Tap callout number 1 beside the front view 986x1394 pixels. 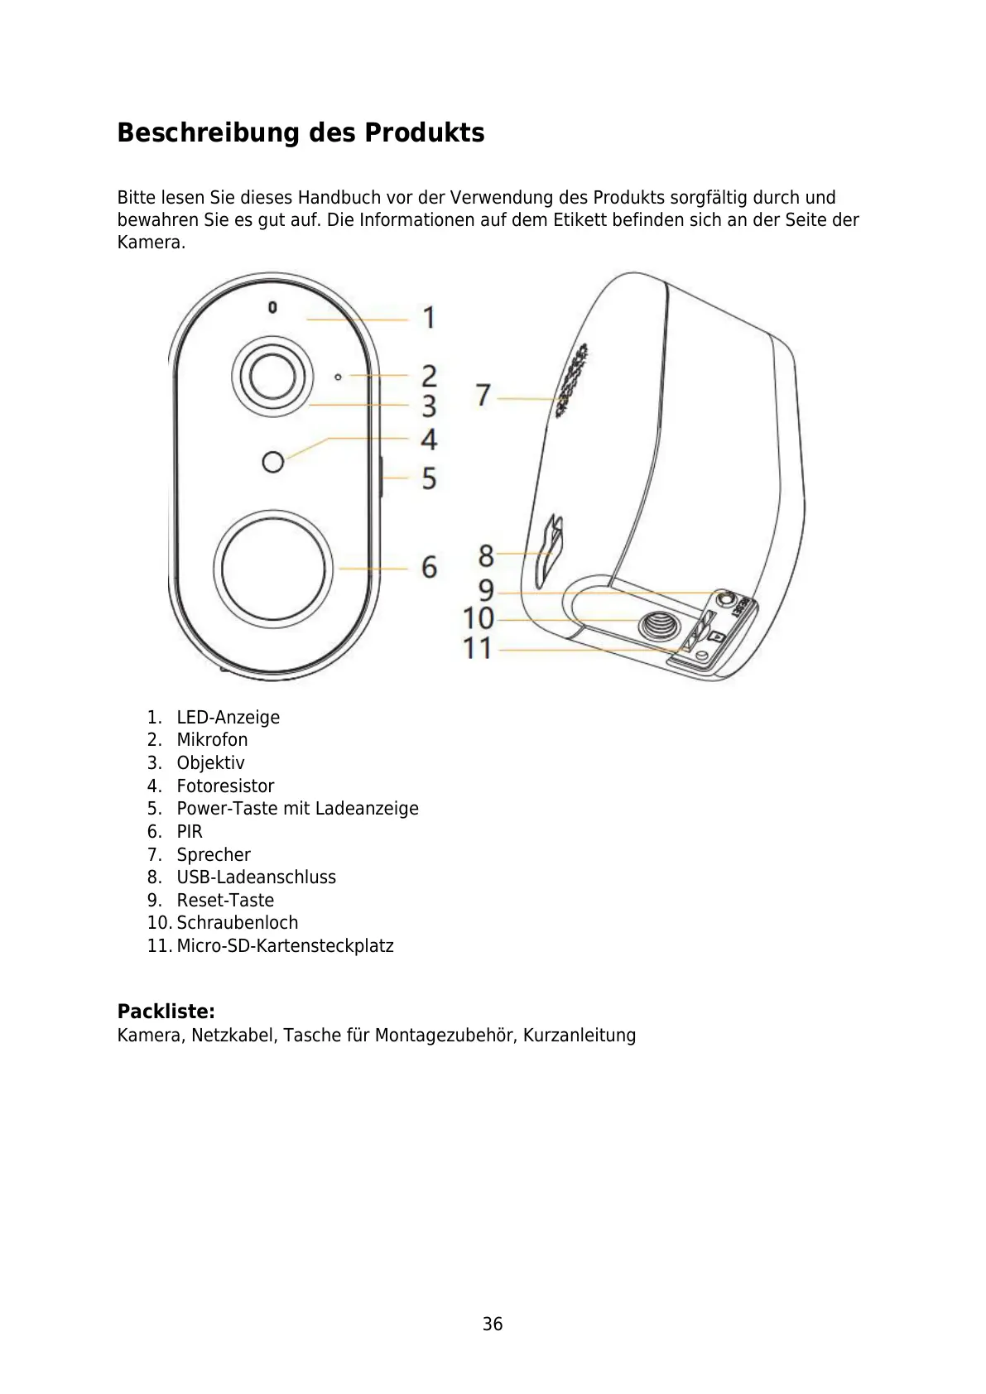pyautogui.click(x=429, y=317)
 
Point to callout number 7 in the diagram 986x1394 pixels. pyautogui.click(x=483, y=395)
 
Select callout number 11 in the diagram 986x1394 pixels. pyautogui.click(x=478, y=648)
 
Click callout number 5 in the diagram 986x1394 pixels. pyautogui.click(x=429, y=478)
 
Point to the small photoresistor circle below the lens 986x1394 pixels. pyautogui.click(x=272, y=461)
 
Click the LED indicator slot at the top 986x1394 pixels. pyautogui.click(x=272, y=308)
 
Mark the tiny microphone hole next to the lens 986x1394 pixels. pyautogui.click(x=338, y=377)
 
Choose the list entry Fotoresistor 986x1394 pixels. pyautogui.click(x=225, y=786)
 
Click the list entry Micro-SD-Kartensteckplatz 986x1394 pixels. pyautogui.click(x=285, y=945)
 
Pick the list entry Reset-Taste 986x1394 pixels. pyautogui.click(x=225, y=900)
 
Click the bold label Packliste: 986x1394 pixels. pyautogui.click(x=166, y=1011)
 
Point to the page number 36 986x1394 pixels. pyautogui.click(x=493, y=1324)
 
